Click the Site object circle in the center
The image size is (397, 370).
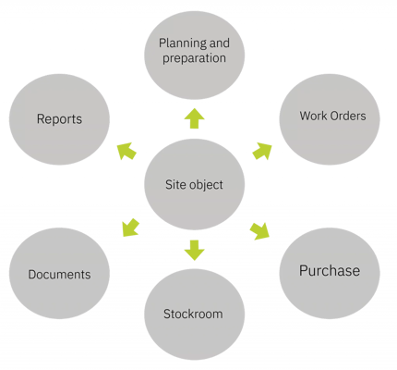coord(195,184)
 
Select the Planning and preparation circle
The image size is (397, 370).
coord(195,55)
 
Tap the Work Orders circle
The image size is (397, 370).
coord(330,119)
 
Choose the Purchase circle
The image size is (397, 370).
coord(330,273)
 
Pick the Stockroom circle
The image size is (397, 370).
coord(195,314)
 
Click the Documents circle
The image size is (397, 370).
coord(59,273)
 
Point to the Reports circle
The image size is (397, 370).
coord(59,119)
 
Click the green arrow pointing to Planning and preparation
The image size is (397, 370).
coord(195,118)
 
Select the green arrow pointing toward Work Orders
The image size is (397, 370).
coord(262,151)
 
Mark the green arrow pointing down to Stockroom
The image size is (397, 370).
coord(195,250)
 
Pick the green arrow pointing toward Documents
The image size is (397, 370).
coord(131,228)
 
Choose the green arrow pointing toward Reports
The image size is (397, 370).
coord(126,151)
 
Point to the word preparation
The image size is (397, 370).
coord(194,58)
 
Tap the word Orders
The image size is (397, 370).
coord(347,116)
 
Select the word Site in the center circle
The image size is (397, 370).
coord(176,185)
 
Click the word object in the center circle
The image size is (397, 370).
coord(206,185)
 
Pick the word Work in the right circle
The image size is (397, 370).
coord(312,116)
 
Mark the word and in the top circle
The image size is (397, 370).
coord(220,43)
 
